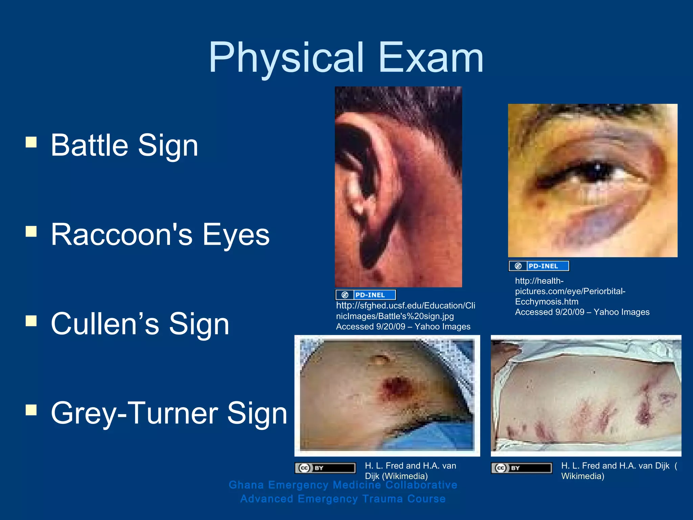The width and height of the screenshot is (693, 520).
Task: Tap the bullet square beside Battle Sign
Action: (x=31, y=142)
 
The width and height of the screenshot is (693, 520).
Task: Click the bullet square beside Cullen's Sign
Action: (x=31, y=321)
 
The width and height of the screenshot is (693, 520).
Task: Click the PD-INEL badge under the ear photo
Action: (x=365, y=295)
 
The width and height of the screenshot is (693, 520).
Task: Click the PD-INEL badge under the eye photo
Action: (x=539, y=266)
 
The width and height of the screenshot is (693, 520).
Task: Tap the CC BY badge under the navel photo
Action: (x=325, y=468)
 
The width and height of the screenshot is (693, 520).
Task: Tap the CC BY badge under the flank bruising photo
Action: (x=521, y=468)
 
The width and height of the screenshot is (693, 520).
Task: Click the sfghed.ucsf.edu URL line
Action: (x=405, y=306)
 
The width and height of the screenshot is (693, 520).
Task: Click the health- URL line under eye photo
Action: (x=539, y=281)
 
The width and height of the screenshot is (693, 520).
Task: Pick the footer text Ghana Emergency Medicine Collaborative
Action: (x=343, y=485)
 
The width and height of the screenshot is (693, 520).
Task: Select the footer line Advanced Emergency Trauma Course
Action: (x=343, y=499)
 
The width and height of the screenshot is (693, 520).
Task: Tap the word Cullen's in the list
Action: (x=105, y=324)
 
